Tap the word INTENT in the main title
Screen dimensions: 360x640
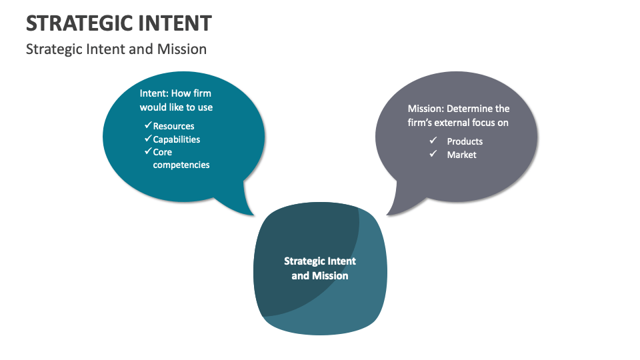point(176,23)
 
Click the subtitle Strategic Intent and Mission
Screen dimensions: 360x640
point(116,49)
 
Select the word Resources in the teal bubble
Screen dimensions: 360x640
point(173,126)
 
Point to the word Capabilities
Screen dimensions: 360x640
point(176,139)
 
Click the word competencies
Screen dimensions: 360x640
point(181,165)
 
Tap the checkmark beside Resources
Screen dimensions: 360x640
point(148,125)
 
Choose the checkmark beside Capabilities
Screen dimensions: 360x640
point(148,139)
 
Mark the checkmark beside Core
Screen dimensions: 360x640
point(148,151)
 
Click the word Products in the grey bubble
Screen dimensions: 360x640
point(465,141)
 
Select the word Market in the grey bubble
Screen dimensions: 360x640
point(462,155)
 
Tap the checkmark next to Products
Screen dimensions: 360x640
point(433,141)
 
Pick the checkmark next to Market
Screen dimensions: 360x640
point(433,154)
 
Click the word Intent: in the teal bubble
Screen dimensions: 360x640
point(154,94)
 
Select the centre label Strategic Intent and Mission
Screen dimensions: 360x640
point(320,268)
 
